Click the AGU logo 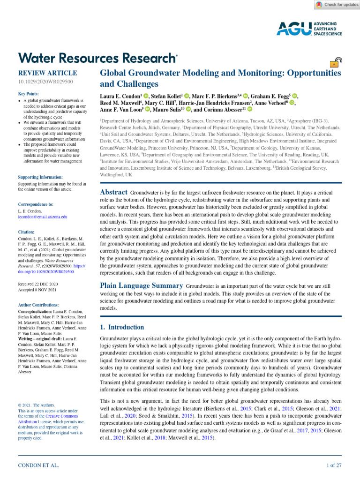point(309,28)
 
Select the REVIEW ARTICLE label point(47,73)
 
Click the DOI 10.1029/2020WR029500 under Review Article point(45,82)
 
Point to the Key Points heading point(28,94)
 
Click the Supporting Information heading point(40,177)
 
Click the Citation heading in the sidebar point(26,232)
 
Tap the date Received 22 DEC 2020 point(38,284)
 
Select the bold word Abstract point(114,192)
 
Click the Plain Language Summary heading point(142,285)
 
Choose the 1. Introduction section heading point(122,327)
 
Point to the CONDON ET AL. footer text point(38,465)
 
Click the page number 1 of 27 point(334,465)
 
